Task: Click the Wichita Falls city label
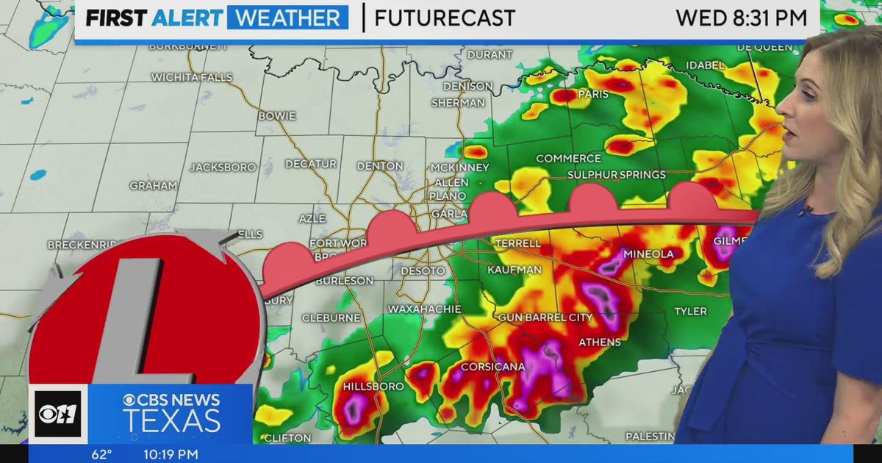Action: coord(191,77)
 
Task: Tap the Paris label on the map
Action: coord(594,94)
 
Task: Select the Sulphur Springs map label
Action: coord(617,175)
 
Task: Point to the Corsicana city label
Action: coord(492,367)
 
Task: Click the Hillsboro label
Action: coord(373,387)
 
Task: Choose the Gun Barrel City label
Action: coord(545,317)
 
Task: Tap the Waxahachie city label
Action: coord(424,309)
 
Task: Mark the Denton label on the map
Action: coord(380,166)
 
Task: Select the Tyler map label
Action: coord(690,312)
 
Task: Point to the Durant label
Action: coord(490,54)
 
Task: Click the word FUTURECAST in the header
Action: coord(445,18)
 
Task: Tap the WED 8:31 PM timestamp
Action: coord(741,18)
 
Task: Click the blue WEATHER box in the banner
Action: coord(287,18)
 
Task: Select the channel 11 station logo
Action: coord(58,414)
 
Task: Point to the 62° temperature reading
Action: coord(101,454)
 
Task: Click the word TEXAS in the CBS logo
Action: coord(171,421)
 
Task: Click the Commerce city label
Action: coord(568,159)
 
